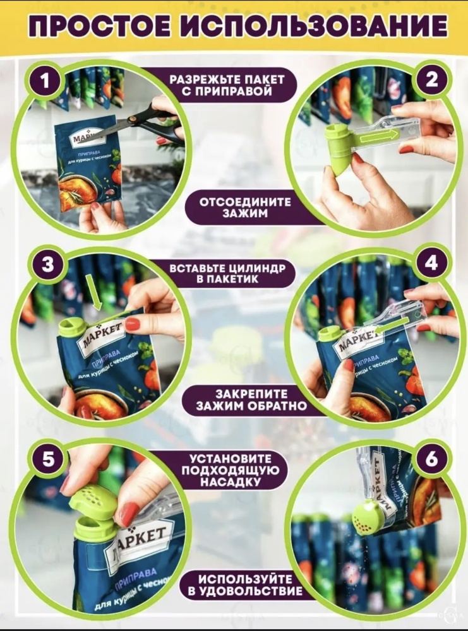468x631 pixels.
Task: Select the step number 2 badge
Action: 431,80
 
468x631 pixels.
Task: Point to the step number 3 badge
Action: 47,265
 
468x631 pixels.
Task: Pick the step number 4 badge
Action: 431,264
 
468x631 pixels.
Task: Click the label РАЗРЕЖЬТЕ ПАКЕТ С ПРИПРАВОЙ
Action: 227,85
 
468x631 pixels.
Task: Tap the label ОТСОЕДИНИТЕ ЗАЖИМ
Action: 245,208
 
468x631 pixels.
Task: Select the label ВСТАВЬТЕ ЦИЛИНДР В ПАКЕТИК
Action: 227,274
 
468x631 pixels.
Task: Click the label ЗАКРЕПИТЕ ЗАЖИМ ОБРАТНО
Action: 251,400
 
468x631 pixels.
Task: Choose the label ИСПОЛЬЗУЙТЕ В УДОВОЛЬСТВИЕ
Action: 245,585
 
